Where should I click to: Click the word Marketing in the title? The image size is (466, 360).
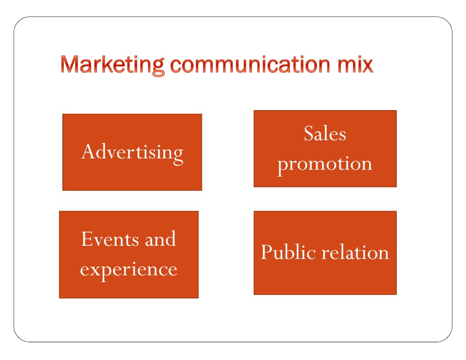pyautogui.click(x=112, y=65)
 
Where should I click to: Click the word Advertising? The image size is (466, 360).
pyautogui.click(x=132, y=152)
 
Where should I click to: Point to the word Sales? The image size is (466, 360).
pyautogui.click(x=325, y=134)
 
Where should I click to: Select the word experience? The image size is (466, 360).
pyautogui.click(x=128, y=269)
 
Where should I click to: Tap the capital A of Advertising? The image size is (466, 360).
pyautogui.click(x=88, y=152)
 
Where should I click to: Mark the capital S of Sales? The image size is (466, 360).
pyautogui.click(x=309, y=134)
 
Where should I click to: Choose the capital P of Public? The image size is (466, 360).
pyautogui.click(x=266, y=252)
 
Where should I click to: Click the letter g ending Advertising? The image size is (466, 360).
pyautogui.click(x=178, y=155)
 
